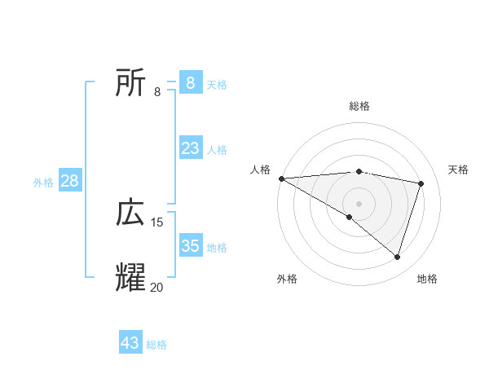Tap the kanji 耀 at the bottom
pos(130,277)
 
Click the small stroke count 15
pos(157,222)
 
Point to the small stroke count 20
pos(156,287)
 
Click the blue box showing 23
pos(190,148)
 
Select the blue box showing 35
pos(190,245)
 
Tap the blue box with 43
pos(130,343)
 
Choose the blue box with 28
pos(69,181)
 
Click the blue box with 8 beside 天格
pos(190,83)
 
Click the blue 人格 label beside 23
pos(217,150)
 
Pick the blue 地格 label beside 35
pos(217,247)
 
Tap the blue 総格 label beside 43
pos(156,345)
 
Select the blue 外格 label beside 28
pos(43,183)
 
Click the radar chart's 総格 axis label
pos(359,106)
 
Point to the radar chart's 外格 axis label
pos(287,279)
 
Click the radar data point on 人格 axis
pos(281,178)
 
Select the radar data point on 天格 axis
pos(421,183)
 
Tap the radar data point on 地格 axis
pos(397,257)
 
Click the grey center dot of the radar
pos(359,203)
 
